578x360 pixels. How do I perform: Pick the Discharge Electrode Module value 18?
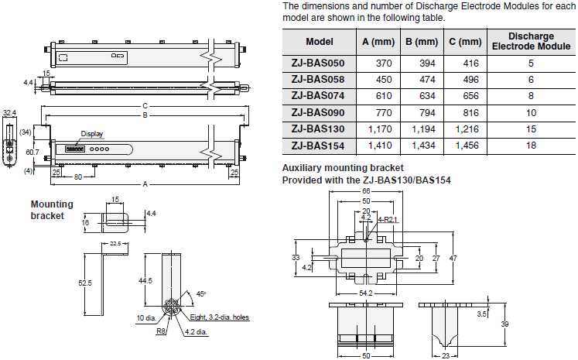pos(531,145)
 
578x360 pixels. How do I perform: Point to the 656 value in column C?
pos(470,96)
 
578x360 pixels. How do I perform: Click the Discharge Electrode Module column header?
pos(531,41)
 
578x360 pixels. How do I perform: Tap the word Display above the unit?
pos(91,133)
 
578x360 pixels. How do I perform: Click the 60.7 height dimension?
pos(32,152)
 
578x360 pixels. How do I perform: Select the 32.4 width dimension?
pos(9,113)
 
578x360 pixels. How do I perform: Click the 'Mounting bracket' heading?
pos(52,210)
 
